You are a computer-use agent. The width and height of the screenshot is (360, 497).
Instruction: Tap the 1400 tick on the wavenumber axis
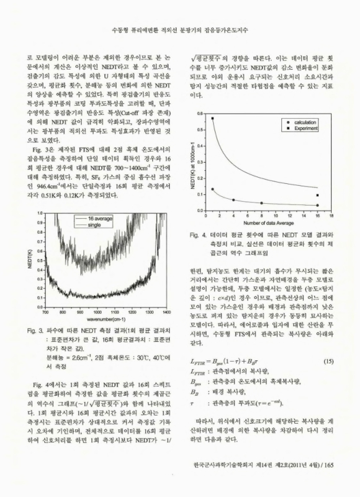[x=169, y=294]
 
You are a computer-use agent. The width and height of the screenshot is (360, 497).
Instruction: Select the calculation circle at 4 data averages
[x=234, y=200]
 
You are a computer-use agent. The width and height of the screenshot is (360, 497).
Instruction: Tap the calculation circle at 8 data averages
[x=261, y=203]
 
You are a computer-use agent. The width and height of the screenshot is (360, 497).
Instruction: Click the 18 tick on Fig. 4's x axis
[x=331, y=216]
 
